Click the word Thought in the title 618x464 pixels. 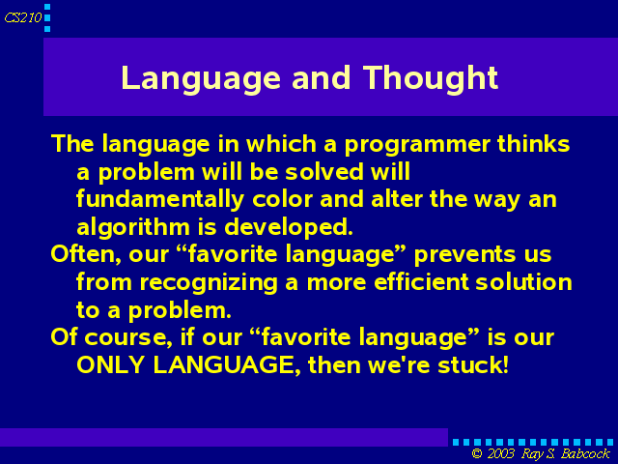[x=431, y=79]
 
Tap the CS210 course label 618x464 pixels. [x=23, y=17]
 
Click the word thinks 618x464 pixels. [x=533, y=143]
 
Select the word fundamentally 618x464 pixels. [x=160, y=200]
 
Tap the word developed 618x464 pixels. [x=289, y=228]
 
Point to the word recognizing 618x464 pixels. [x=209, y=283]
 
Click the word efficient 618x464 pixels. [x=422, y=281]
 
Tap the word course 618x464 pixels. [x=128, y=338]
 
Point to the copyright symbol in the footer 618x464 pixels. [x=477, y=453]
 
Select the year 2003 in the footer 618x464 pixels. [x=500, y=453]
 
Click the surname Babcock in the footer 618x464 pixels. [x=586, y=453]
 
